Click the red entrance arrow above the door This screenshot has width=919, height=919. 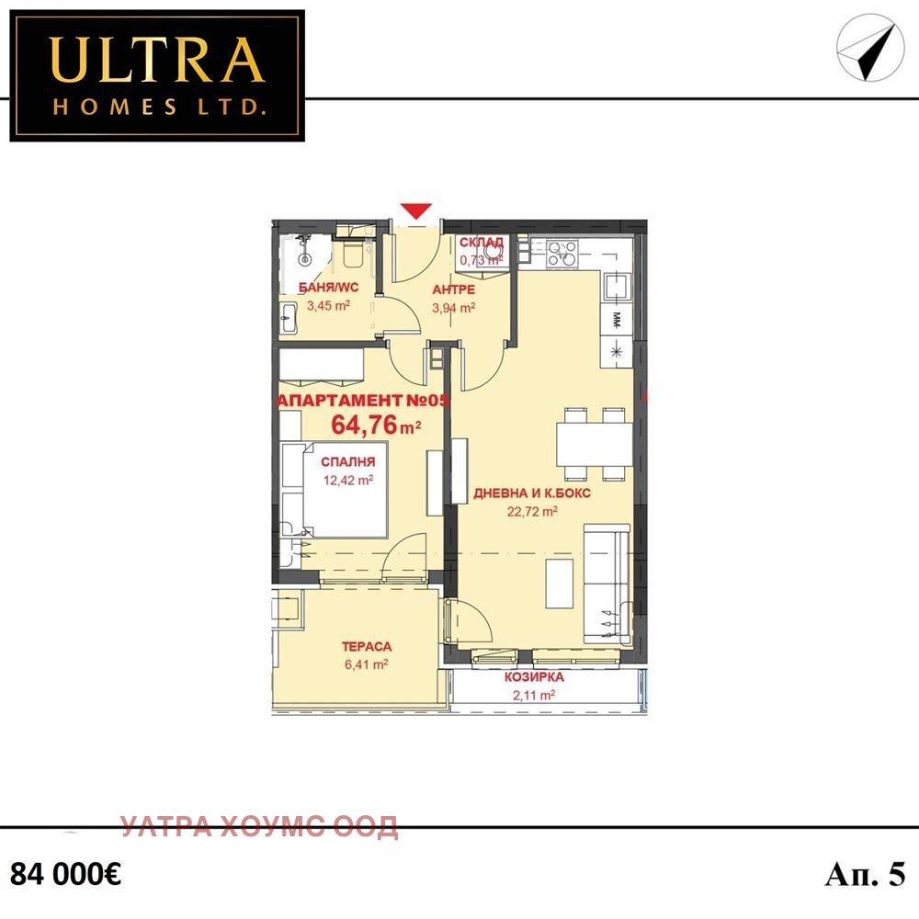point(416,210)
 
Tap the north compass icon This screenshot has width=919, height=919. point(867,47)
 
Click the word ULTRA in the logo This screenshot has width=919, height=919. point(157,60)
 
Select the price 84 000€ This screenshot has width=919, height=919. point(65,875)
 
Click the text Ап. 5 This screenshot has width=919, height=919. point(865,875)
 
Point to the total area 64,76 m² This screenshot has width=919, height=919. point(376,425)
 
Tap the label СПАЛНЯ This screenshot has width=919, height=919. point(348,462)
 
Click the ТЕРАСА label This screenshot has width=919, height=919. point(367,646)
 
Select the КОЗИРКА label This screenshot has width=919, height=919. point(534,677)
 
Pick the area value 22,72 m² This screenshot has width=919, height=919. point(532,512)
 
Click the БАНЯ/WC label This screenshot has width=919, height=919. point(328,287)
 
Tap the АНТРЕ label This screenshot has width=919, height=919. point(454,289)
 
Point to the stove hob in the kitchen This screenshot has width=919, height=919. point(562,254)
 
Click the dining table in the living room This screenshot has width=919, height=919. point(595,444)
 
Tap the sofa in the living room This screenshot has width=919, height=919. point(607,584)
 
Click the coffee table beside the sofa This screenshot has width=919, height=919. point(559,584)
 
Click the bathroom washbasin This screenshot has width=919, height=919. point(289,318)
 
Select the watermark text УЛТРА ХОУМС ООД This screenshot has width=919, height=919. point(260,826)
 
